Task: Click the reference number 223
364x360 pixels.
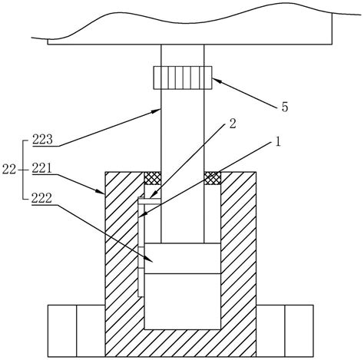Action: pos(42,140)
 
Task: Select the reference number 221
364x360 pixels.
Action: pos(42,169)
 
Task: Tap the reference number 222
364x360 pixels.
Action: pos(41,198)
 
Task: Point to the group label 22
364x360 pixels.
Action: pos(9,170)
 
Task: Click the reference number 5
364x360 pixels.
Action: pos(285,107)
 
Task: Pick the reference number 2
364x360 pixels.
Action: pos(233,124)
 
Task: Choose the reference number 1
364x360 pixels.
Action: pos(278,141)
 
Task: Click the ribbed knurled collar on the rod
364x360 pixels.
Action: pos(183,78)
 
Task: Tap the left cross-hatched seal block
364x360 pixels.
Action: pos(153,178)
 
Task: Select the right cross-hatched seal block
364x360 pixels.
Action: pos(213,178)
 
